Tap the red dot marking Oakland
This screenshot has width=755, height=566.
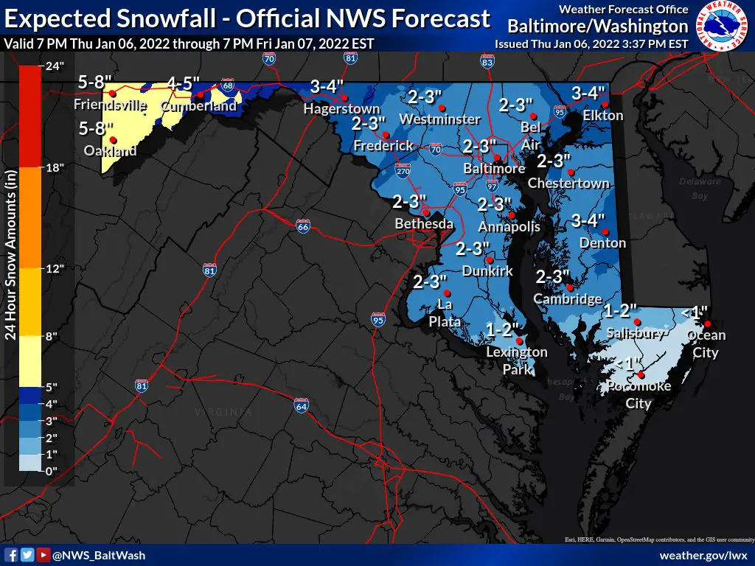(113, 140)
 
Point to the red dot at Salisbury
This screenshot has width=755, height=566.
(638, 322)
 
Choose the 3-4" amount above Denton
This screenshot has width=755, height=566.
(588, 220)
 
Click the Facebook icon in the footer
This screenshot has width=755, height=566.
(12, 555)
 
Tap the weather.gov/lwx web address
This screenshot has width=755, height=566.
(703, 555)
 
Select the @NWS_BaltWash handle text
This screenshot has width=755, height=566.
(99, 555)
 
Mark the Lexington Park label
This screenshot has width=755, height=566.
(517, 360)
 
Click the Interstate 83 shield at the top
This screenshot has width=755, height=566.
(487, 63)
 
